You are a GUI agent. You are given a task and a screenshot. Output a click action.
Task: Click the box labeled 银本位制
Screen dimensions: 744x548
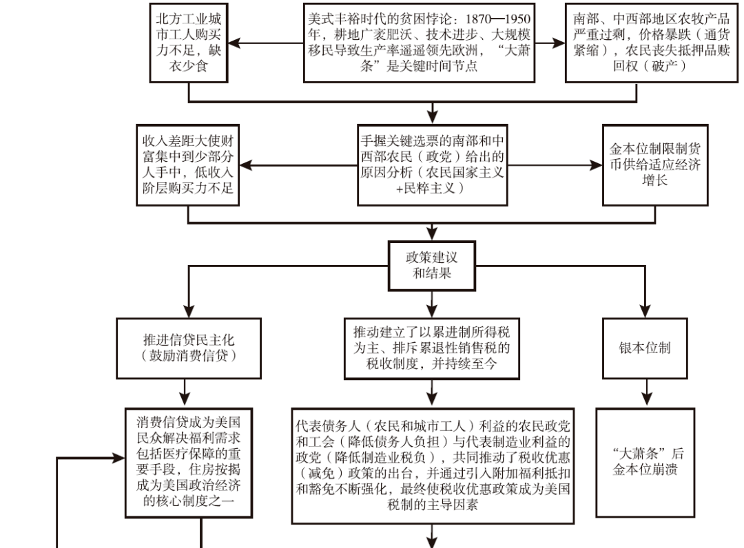[645, 348]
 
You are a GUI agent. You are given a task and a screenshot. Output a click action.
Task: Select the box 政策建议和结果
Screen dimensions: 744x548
[432, 266]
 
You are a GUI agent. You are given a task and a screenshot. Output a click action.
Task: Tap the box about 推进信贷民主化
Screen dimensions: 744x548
[189, 348]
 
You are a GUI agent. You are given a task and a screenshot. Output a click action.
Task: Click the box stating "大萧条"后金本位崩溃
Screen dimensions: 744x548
[645, 462]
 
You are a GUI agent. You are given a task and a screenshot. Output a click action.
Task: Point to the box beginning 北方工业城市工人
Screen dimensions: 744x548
[189, 43]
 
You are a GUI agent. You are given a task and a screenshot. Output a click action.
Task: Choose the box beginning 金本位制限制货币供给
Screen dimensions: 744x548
[655, 165]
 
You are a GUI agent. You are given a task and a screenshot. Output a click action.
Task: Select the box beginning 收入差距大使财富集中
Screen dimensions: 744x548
[188, 165]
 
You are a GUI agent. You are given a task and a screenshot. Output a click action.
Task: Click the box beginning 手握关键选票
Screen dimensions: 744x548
[432, 165]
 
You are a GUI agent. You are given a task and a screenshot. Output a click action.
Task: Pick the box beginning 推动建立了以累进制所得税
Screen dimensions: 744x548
[432, 348]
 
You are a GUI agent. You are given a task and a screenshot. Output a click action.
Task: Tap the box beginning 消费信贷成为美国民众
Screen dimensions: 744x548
[189, 462]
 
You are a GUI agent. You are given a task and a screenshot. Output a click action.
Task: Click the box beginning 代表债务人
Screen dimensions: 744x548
[433, 465]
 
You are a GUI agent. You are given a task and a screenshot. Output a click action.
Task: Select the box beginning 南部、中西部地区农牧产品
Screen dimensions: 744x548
[652, 43]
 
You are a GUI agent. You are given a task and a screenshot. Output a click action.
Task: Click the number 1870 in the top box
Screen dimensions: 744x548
[478, 19]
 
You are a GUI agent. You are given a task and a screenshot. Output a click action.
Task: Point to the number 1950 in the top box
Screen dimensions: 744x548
[517, 19]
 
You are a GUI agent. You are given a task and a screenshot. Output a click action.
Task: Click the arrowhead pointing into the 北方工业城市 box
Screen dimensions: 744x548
[235, 43]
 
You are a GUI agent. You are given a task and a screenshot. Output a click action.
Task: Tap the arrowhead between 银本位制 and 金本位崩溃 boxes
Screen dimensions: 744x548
[647, 399]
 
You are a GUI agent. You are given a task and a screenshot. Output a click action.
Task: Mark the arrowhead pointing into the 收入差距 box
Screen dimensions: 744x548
[246, 165]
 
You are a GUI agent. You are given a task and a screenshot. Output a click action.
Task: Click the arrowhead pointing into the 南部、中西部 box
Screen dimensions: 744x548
[559, 43]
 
